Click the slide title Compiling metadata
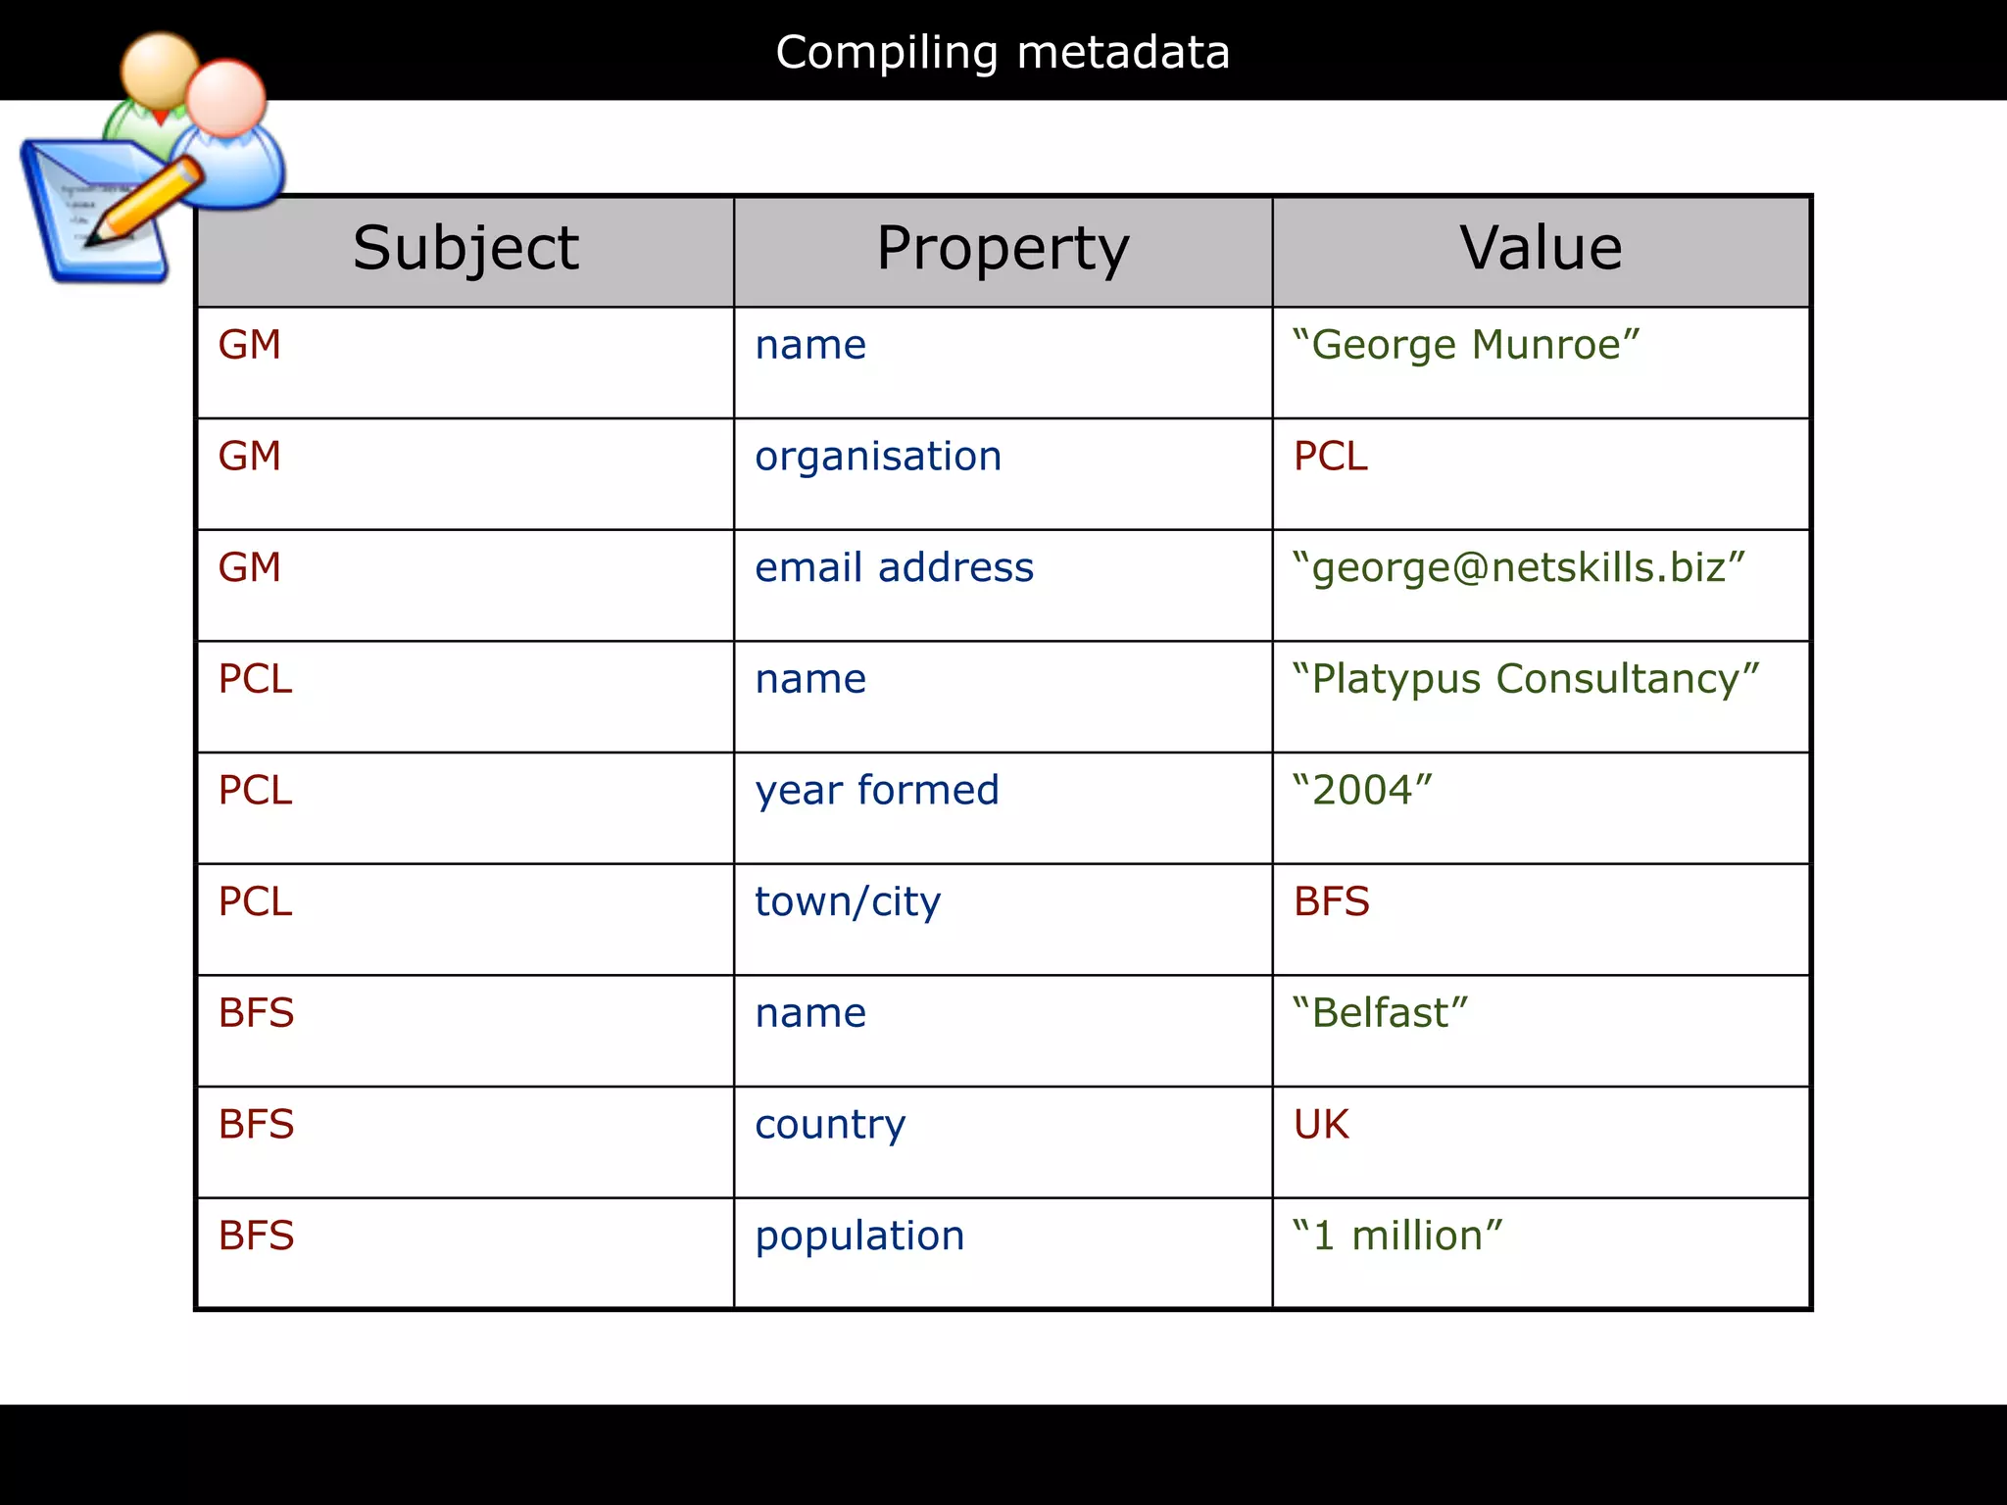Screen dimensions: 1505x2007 click(1003, 52)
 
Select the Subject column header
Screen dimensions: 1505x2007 click(465, 248)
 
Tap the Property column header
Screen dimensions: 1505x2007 click(1003, 248)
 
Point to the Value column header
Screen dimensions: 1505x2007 click(1541, 248)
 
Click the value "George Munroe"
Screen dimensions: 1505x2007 click(1465, 345)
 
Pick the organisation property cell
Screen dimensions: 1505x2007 click(878, 457)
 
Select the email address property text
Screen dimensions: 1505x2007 click(894, 568)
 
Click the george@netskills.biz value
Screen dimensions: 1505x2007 click(1519, 568)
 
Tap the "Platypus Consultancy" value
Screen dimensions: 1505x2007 click(1526, 679)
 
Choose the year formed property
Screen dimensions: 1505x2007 click(877, 791)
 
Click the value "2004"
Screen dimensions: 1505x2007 click(1362, 791)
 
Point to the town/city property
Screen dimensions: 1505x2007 click(848, 902)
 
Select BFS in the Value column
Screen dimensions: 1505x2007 click(1331, 902)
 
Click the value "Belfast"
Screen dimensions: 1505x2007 click(1380, 1013)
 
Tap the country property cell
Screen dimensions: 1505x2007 click(830, 1125)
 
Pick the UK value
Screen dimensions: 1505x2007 click(1321, 1125)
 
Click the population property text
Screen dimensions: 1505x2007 click(859, 1237)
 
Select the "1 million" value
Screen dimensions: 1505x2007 click(1396, 1237)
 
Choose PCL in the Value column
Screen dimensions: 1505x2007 click(1330, 457)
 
